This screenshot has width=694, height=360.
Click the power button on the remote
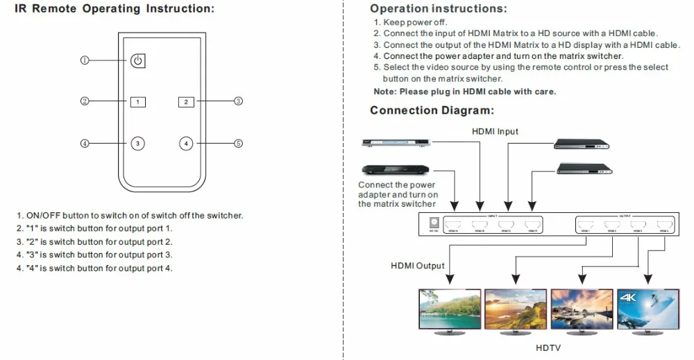coord(138,60)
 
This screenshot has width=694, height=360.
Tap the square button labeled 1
coord(138,101)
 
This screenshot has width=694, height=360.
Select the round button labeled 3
coord(138,144)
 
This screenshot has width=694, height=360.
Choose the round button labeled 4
coord(185,144)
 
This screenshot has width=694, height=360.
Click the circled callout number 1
coord(84,60)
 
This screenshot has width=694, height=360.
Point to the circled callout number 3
coord(238,101)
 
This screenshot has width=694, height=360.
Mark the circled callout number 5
coord(238,144)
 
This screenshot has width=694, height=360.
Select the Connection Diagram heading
coord(432,111)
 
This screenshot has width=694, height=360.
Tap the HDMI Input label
coord(495,131)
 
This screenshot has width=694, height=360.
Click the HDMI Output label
coord(417,266)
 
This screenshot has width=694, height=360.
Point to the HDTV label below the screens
coord(548,348)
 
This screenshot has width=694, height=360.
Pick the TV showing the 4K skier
coord(647,309)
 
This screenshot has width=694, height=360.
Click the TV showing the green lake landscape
coord(445,309)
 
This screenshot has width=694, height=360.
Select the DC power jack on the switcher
coord(434,223)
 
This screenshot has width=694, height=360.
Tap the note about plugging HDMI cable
coord(464,92)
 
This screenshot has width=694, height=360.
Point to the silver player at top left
coord(393,144)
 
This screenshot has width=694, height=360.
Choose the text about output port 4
coord(94,268)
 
